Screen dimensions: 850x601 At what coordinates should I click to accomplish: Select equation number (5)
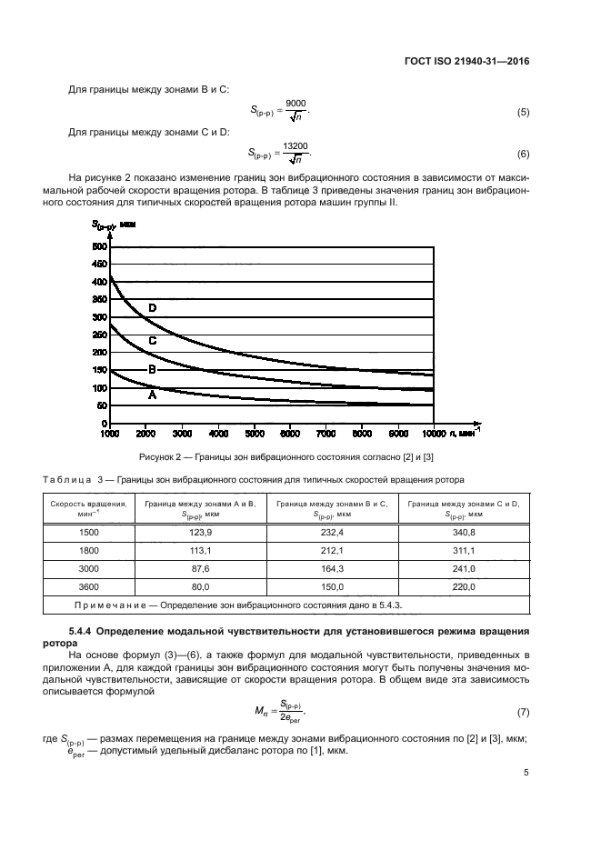coord(523,112)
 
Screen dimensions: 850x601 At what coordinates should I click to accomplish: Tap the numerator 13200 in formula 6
coord(295,145)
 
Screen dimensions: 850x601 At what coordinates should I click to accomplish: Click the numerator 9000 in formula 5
coord(295,104)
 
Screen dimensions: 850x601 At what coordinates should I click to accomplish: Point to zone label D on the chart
coord(153,308)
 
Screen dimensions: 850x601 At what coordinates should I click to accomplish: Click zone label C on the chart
coord(153,340)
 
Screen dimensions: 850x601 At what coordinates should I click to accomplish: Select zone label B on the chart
coord(153,370)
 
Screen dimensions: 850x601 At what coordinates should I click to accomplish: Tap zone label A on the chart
coord(153,395)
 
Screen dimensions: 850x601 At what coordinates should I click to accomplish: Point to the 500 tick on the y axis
coord(99,247)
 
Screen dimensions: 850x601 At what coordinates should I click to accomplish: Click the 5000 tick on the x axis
coord(254,434)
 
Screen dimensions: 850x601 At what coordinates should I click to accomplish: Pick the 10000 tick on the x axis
coord(433,434)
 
